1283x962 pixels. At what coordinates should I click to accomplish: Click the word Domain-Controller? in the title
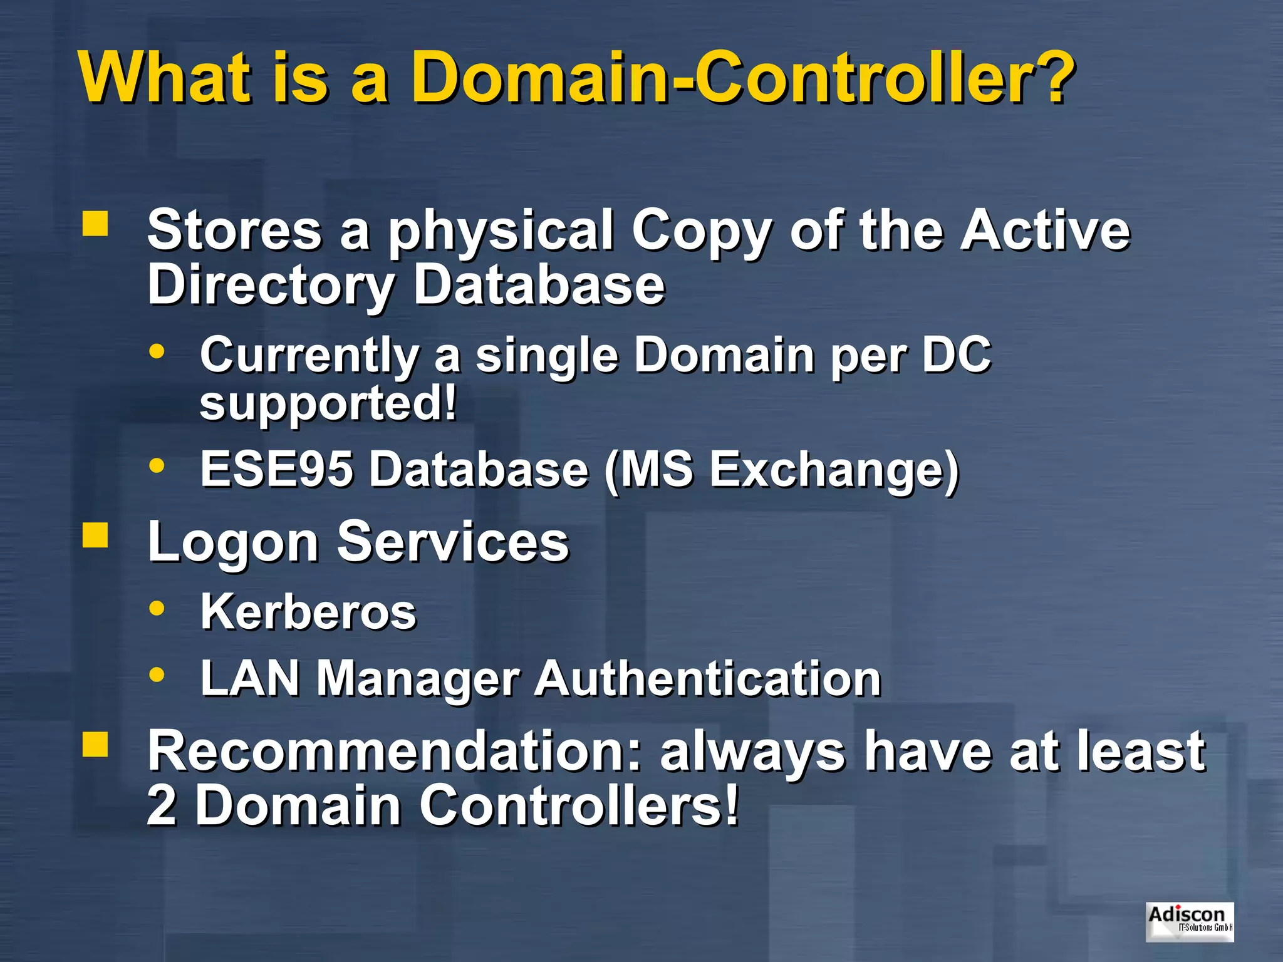(x=742, y=78)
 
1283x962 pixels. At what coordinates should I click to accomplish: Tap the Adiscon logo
(x=1189, y=921)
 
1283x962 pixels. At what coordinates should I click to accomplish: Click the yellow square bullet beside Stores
(x=95, y=224)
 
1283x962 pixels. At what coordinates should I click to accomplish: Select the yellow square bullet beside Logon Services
(x=95, y=535)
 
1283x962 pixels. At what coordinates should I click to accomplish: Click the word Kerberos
(x=308, y=612)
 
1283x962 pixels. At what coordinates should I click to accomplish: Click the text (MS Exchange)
(x=781, y=470)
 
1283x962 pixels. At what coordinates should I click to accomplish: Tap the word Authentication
(x=708, y=678)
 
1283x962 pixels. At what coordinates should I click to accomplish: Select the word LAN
(x=250, y=678)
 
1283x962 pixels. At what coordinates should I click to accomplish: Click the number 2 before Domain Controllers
(x=161, y=805)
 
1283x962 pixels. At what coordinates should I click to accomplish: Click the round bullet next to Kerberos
(x=157, y=608)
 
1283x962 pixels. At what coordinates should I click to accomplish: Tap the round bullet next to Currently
(x=157, y=351)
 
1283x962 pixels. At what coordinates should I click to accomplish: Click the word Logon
(x=233, y=542)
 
